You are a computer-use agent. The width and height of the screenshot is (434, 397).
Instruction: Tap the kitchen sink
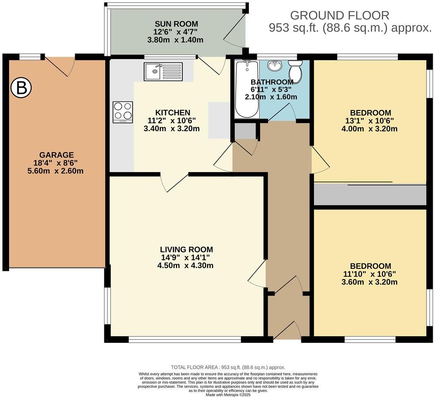coord(163,72)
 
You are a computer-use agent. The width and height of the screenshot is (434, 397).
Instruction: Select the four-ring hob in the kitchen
coord(123,112)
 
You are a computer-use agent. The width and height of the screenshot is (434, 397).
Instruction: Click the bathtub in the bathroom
coord(246,88)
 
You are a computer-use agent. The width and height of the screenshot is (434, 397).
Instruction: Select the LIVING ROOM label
coord(186,249)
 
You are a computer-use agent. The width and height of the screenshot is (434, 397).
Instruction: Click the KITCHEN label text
coord(173,112)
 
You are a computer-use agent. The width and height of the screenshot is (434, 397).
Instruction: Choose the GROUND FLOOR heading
coord(340,16)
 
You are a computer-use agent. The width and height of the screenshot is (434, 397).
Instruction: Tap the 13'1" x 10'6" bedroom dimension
coord(370,121)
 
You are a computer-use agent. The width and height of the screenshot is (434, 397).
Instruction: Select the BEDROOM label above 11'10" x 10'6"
coord(370,266)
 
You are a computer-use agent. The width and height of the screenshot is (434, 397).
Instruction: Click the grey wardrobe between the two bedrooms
coord(370,195)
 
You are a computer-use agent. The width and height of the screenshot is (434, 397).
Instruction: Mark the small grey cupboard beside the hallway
coord(245,131)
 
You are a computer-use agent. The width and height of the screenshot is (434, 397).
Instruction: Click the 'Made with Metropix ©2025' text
coord(228,395)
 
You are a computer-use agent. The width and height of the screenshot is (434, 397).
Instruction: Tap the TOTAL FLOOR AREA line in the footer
coord(228,367)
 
